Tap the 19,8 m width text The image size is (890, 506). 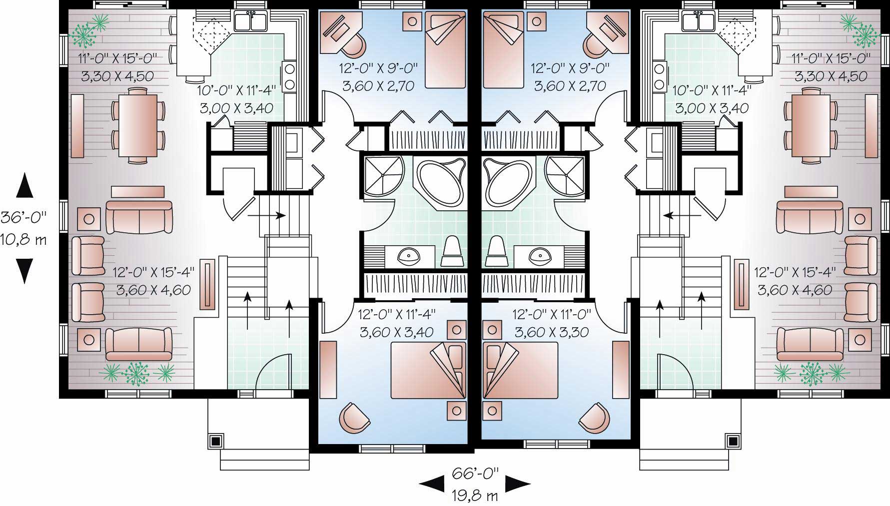475,496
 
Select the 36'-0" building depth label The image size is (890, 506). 23,217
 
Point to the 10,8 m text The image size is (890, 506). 23,240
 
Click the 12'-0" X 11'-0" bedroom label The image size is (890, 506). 552,314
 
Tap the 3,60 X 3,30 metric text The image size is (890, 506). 552,332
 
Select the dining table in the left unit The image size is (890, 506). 137,125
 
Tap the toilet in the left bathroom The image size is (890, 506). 453,253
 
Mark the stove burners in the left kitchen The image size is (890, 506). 289,76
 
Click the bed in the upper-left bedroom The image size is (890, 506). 445,50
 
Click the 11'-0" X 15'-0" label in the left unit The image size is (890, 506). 117,58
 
